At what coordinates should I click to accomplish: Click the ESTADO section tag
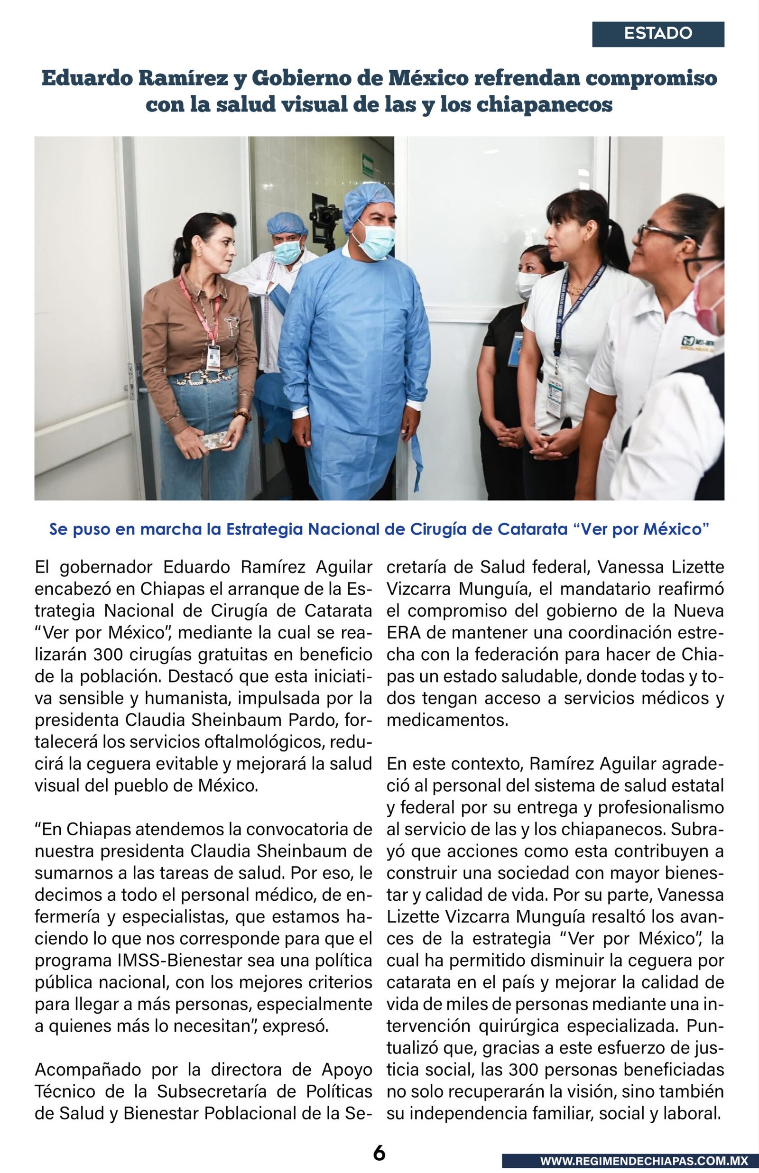pos(657,34)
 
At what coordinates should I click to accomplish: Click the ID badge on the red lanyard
pos(214,357)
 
